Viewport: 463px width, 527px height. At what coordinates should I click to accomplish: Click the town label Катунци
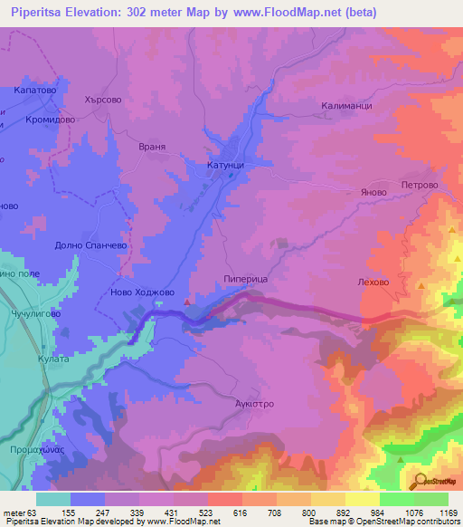click(221, 166)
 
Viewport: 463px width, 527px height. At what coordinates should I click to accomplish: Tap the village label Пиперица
click(245, 281)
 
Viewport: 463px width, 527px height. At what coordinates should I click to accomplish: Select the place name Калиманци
click(347, 106)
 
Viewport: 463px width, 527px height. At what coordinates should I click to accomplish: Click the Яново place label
click(373, 192)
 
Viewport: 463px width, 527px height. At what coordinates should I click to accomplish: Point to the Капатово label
click(35, 91)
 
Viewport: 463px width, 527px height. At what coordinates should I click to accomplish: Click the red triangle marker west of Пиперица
click(187, 302)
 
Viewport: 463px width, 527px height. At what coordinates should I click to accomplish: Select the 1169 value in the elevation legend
click(448, 512)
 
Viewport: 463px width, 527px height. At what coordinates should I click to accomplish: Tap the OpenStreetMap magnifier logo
click(419, 481)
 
